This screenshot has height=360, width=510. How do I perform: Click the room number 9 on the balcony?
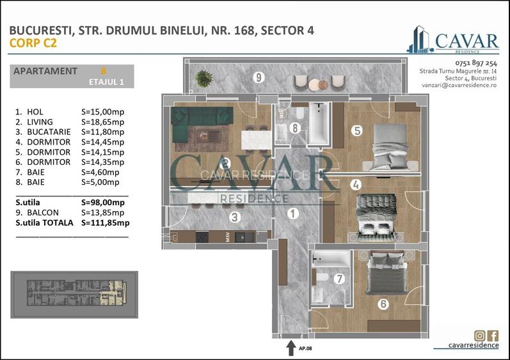[259, 77]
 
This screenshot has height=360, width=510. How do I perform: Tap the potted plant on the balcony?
[204, 78]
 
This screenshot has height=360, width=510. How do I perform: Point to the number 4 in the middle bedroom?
[356, 185]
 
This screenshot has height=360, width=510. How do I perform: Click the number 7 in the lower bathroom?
[339, 279]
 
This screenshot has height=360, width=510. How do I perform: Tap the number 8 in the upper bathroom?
[294, 128]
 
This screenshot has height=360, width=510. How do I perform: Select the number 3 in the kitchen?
[235, 217]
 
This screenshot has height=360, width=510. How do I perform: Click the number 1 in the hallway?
[292, 214]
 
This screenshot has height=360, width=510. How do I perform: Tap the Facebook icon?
[493, 336]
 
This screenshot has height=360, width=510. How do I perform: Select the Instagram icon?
[479, 336]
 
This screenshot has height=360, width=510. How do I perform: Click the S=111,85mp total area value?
[106, 223]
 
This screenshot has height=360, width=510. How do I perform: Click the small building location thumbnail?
[75, 295]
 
